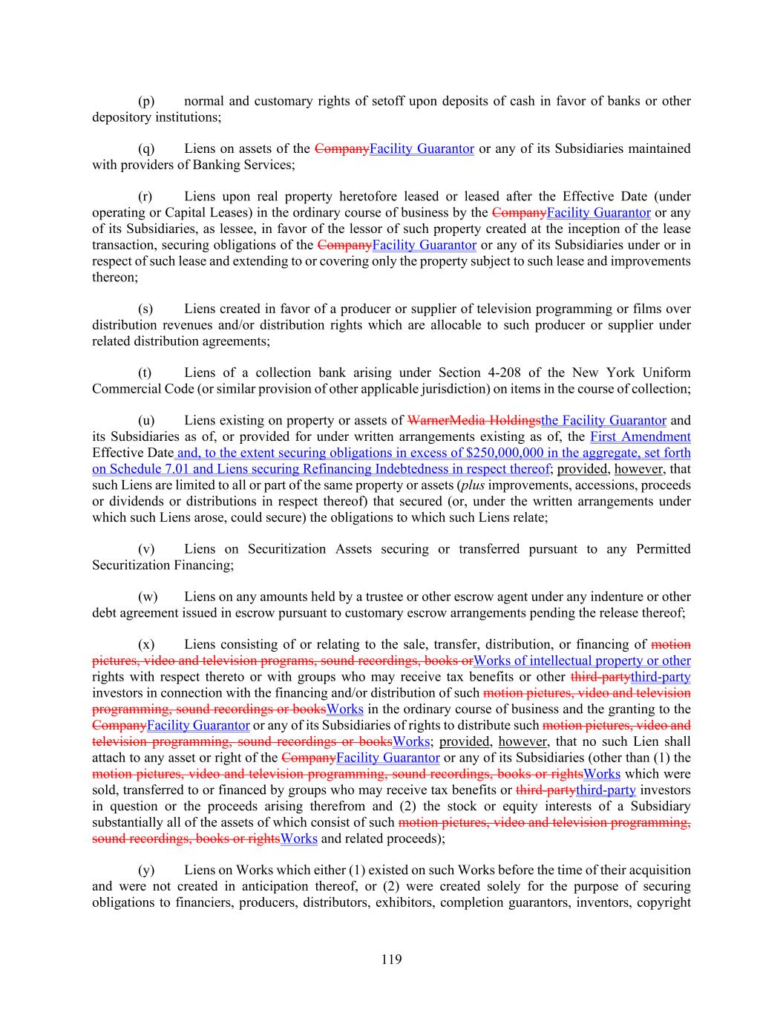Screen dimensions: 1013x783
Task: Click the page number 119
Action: click(391, 960)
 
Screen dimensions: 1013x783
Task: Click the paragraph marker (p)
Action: click(146, 101)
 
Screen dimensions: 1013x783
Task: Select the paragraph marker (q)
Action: click(146, 148)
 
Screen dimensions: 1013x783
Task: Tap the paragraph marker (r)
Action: click(145, 197)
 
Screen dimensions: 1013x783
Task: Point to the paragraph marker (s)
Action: click(145, 309)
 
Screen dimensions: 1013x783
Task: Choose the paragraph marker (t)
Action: click(145, 373)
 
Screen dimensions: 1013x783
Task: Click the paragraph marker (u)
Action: click(146, 421)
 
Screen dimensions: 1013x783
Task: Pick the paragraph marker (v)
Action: click(146, 549)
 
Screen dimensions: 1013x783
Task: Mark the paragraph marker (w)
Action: click(148, 597)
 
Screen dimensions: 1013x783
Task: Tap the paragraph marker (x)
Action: click(146, 645)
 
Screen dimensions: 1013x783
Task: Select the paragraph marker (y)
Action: click(146, 870)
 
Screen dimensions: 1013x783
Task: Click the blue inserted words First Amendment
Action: click(640, 437)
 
